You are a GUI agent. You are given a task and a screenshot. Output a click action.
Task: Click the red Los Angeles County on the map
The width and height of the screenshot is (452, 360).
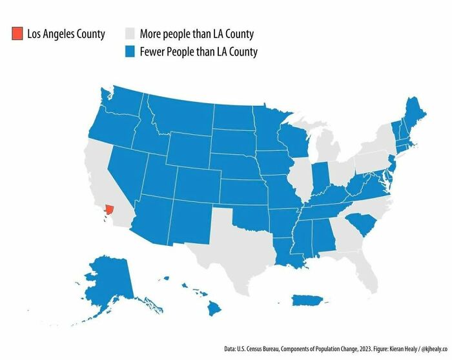pyautogui.click(x=109, y=209)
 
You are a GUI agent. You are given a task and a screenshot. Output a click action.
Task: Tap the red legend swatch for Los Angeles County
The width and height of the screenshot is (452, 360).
pyautogui.click(x=17, y=34)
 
